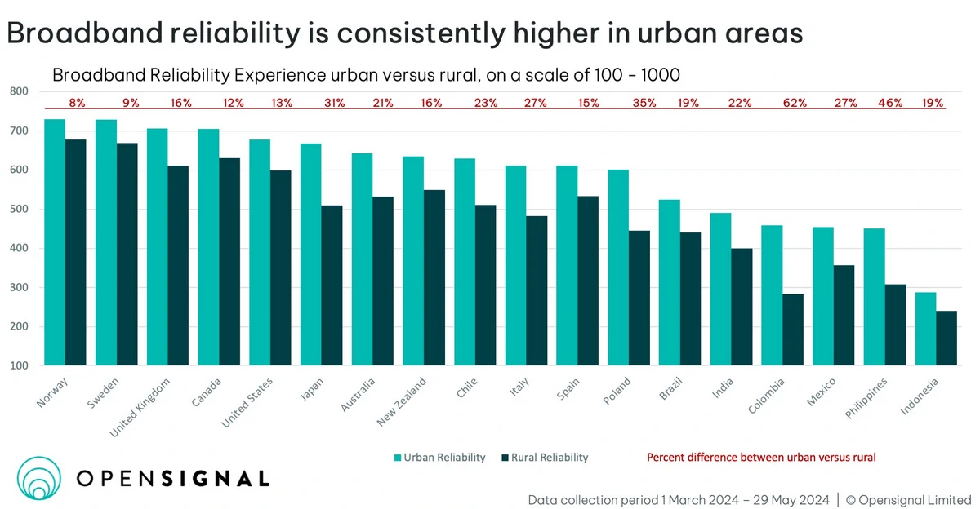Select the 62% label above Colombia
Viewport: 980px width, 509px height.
click(795, 104)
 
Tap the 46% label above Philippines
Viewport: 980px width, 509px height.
click(890, 104)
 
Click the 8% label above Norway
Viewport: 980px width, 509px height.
click(78, 104)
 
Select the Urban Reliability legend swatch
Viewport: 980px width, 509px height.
click(398, 458)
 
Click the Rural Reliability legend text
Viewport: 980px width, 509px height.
click(550, 458)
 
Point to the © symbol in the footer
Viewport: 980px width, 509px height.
click(850, 499)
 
